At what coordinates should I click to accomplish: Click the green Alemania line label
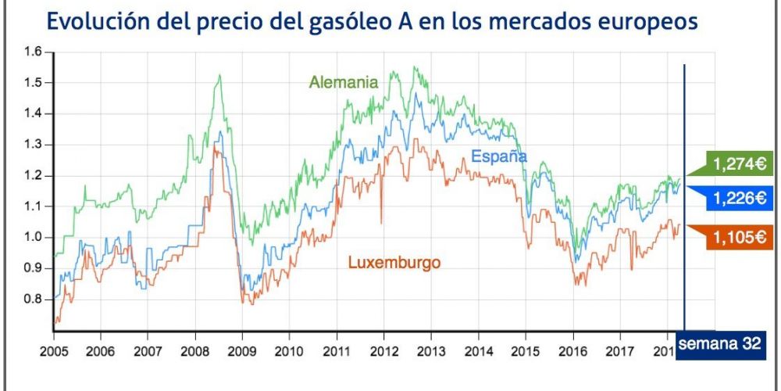344,81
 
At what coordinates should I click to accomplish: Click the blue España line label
498,156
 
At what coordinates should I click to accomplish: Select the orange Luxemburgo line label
394,263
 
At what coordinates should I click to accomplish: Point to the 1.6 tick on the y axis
34,52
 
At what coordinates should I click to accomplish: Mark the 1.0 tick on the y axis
34,237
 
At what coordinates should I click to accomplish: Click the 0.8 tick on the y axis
34,299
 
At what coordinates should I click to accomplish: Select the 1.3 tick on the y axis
34,145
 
